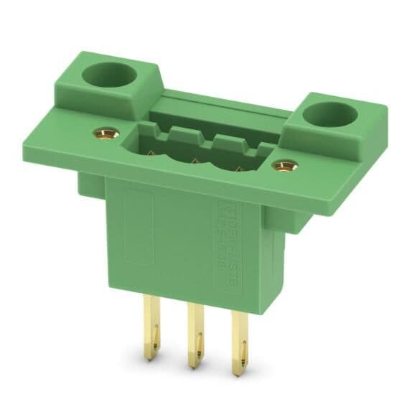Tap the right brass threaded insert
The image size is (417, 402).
(x=285, y=167)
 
